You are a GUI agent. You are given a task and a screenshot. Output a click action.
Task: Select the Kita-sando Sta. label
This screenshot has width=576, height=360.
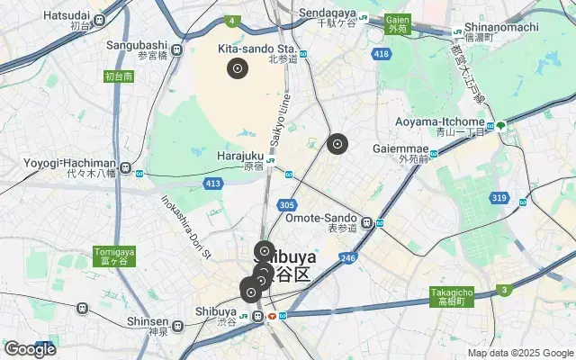pyautogui.click(x=256, y=48)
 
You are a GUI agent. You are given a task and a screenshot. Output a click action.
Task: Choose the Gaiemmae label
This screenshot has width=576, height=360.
pyautogui.click(x=418, y=147)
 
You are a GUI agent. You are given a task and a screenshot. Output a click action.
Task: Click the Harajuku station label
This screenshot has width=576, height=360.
pyautogui.click(x=240, y=156)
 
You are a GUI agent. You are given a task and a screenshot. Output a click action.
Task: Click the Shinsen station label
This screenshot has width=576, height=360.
pyautogui.click(x=148, y=321)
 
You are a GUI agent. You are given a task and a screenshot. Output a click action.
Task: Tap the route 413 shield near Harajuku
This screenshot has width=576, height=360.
pyautogui.click(x=212, y=184)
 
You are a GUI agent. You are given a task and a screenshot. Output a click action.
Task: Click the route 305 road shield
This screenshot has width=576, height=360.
pyautogui.click(x=287, y=206)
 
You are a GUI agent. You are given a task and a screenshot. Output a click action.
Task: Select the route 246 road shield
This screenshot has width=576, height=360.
pyautogui.click(x=347, y=258)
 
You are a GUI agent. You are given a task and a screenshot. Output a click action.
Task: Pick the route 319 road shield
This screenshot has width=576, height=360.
pyautogui.click(x=499, y=197)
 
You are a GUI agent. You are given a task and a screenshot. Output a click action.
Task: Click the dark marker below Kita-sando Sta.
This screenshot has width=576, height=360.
pyautogui.click(x=238, y=67)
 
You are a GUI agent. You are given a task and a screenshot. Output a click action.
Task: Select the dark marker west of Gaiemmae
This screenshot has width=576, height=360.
pyautogui.click(x=337, y=143)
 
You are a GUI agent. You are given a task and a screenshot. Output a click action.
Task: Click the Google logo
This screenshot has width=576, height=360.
pyautogui.click(x=30, y=349)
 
